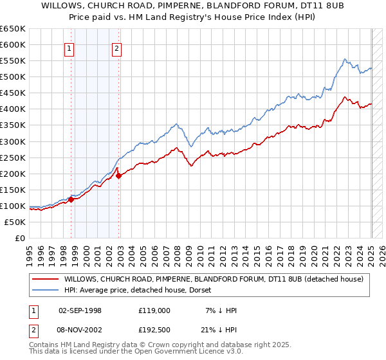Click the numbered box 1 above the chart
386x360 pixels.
tap(69, 47)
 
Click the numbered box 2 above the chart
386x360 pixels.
tap(116, 47)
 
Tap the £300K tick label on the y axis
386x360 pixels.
tap(13, 141)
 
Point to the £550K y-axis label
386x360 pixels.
tap(13, 61)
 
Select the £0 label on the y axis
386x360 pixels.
tap(20, 239)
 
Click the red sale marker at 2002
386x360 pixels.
tap(118, 175)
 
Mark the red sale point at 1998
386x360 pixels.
tap(71, 199)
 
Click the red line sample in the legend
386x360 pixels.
tap(45, 279)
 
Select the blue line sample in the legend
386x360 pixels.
tap(45, 290)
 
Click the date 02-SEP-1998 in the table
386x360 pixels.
tap(80, 310)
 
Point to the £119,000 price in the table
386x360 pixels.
tap(154, 310)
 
